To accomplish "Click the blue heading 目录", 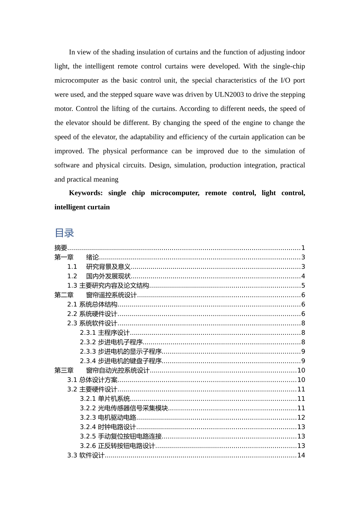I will tap(64, 233).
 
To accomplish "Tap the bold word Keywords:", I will tap(86, 193).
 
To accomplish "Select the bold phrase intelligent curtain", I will tap(82, 207).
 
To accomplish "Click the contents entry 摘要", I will tap(61, 248).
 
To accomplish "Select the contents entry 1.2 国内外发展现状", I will tap(99, 276).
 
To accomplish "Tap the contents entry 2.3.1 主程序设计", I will tap(105, 333).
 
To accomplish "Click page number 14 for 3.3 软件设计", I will tap(301, 456).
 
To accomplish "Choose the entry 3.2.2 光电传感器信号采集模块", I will tap(124, 408).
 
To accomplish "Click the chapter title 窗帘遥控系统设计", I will tap(111, 295).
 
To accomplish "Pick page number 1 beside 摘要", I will tap(303, 248).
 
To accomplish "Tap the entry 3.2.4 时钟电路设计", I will tap(108, 427).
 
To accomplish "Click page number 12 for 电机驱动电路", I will tap(301, 418).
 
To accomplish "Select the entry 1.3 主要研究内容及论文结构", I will tap(108, 286).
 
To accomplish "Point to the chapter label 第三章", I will tap(64, 371).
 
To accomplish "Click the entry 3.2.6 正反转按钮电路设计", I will tap(117, 446).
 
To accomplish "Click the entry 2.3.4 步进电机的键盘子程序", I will tap(121, 361).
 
